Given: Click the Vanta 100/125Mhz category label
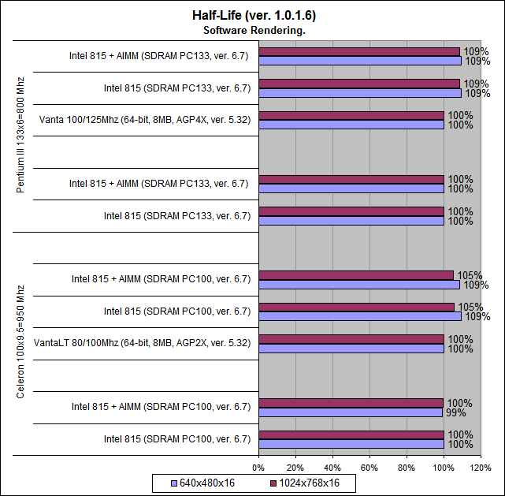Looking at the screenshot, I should pyautogui.click(x=144, y=120).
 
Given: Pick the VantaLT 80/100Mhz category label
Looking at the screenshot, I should pyautogui.click(x=143, y=343).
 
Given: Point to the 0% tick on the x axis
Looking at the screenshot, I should pyautogui.click(x=259, y=468).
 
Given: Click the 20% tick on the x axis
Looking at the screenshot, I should pyautogui.click(x=295, y=468).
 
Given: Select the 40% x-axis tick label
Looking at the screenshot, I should pyautogui.click(x=332, y=468).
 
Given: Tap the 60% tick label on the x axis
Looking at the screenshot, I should pyautogui.click(x=369, y=468).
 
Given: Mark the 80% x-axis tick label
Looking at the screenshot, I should pyautogui.click(x=407, y=468).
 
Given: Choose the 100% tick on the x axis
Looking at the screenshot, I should pyautogui.click(x=444, y=468).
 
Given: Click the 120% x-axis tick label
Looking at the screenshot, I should pyautogui.click(x=481, y=468).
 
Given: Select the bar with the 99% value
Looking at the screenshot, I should pyautogui.click(x=351, y=412).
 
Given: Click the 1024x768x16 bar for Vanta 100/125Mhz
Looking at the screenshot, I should pyautogui.click(x=351, y=115).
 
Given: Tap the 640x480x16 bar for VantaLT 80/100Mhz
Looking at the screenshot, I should pyautogui.click(x=351, y=348).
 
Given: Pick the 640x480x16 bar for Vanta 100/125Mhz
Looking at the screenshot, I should pyautogui.click(x=351, y=125).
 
